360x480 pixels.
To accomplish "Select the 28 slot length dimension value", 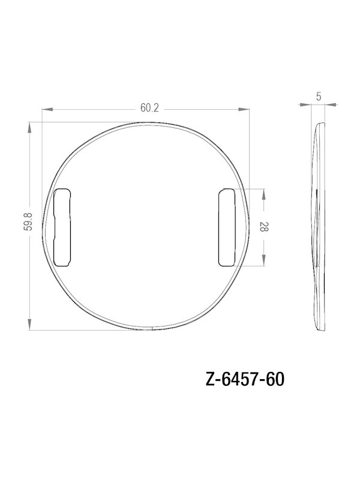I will (264, 226).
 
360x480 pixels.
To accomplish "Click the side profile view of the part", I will (320, 226).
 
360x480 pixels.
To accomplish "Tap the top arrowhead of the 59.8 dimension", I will (29, 125).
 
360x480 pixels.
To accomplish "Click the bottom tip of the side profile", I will (322, 329).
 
